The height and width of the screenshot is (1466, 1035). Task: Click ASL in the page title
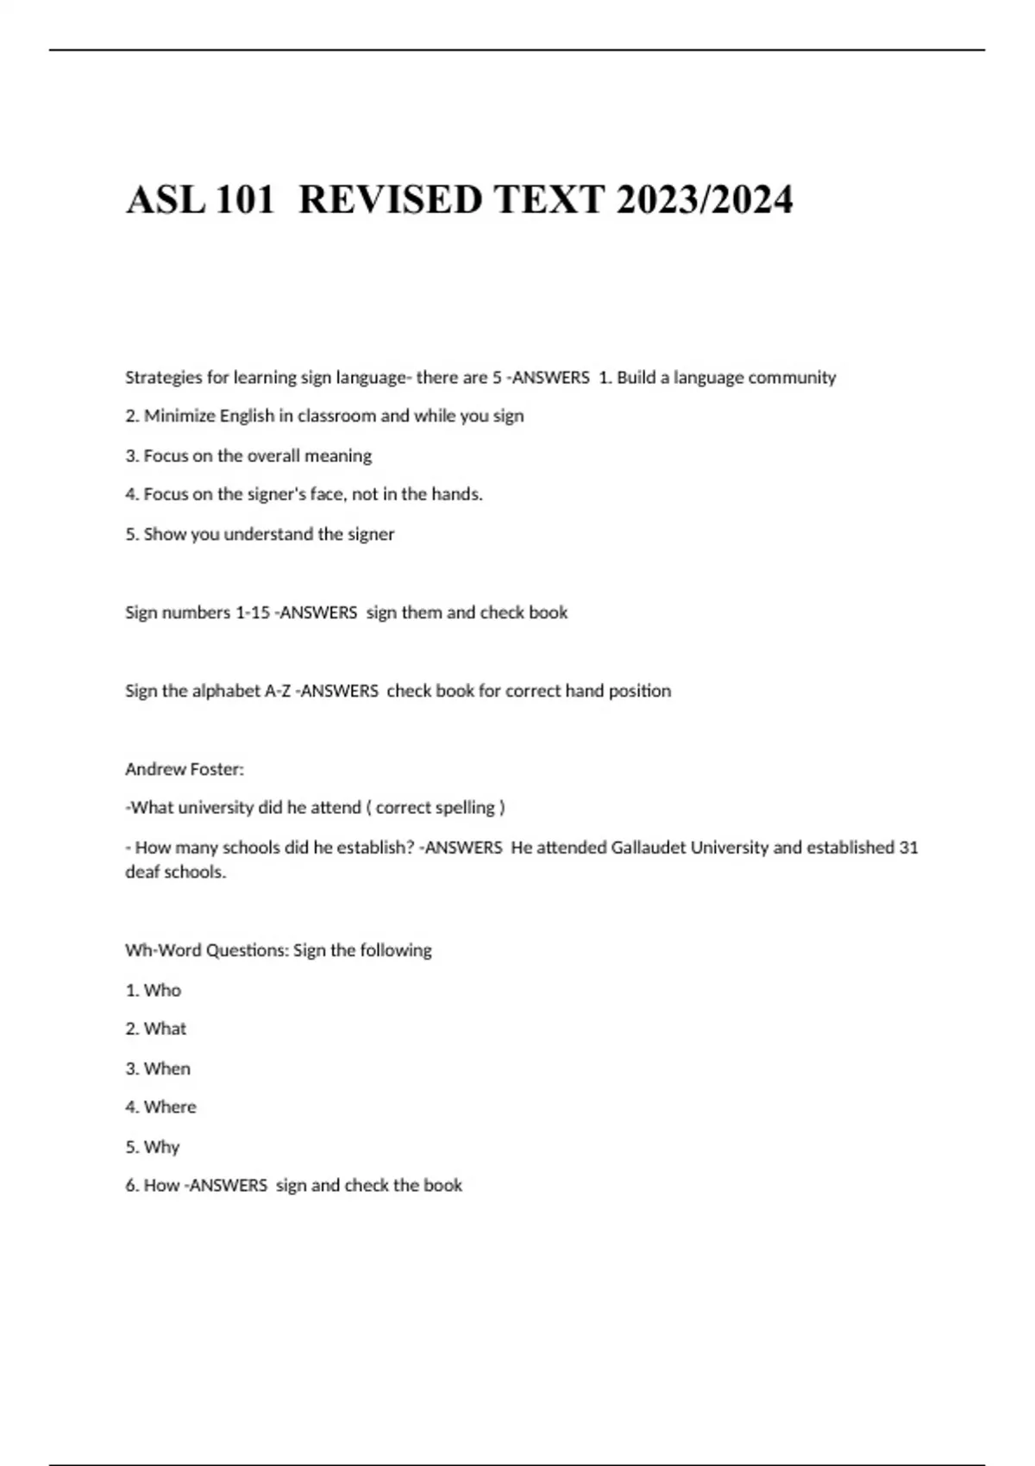pyautogui.click(x=165, y=200)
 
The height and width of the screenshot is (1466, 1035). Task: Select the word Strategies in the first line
pyautogui.click(x=164, y=378)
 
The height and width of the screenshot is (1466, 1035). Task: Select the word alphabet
pyautogui.click(x=225, y=691)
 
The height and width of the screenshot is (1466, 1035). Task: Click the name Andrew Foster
pyautogui.click(x=184, y=769)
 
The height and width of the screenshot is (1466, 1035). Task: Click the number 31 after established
pyautogui.click(x=908, y=848)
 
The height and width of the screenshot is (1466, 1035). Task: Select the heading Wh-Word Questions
pyautogui.click(x=206, y=950)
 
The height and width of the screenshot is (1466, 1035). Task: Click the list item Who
pyautogui.click(x=162, y=990)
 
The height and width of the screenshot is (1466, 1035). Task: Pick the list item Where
pyautogui.click(x=170, y=1107)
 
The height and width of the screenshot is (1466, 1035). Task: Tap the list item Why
pyautogui.click(x=161, y=1147)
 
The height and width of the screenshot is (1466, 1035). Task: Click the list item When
pyautogui.click(x=166, y=1068)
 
